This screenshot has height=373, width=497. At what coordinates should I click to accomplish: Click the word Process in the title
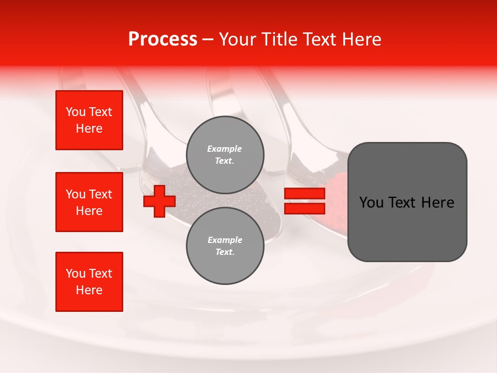click(x=163, y=39)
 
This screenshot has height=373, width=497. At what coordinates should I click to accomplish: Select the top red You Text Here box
click(x=89, y=120)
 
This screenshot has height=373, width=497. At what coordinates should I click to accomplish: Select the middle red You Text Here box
click(x=89, y=202)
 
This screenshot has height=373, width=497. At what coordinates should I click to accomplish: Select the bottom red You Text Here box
click(x=89, y=282)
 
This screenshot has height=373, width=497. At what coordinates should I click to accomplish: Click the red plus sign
click(x=159, y=202)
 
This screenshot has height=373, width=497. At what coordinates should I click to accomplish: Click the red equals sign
click(x=304, y=201)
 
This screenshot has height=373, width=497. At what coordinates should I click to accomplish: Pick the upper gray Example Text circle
click(x=225, y=154)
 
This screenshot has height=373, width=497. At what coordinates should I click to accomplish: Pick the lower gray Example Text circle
click(x=225, y=246)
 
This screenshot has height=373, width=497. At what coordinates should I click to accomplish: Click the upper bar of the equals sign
click(x=304, y=194)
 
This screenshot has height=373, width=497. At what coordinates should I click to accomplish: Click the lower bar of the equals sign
click(x=304, y=209)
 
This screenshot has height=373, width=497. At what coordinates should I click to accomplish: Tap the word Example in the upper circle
click(x=225, y=149)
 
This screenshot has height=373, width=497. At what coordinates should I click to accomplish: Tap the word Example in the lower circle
click(x=225, y=240)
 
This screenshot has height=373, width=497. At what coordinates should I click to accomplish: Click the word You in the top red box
click(x=76, y=112)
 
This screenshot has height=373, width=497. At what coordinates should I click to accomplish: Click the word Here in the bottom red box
click(x=89, y=290)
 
